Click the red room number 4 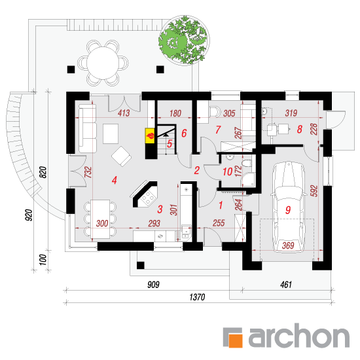115,180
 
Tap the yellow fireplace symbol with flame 150,136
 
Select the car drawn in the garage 289,207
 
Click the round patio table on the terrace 103,63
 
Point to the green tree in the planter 184,41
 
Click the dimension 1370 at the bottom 197,297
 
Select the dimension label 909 153,285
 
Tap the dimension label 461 286,285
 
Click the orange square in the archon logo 236,340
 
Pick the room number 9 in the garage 288,210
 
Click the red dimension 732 88,172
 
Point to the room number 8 299,129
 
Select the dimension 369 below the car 288,245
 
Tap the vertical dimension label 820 43,172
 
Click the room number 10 228,171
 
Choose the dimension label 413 124,113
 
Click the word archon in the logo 299,336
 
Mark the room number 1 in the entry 221,206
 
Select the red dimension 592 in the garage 314,190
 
